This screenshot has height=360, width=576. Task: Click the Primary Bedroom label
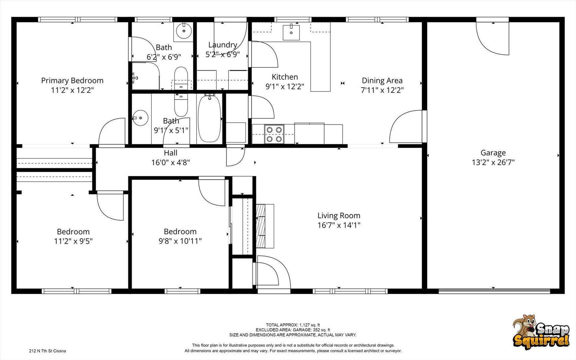[x=72, y=80]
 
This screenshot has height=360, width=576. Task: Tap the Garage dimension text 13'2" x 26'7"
[x=493, y=162]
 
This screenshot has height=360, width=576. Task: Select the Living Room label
[x=339, y=216]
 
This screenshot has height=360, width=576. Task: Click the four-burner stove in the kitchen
[x=274, y=134]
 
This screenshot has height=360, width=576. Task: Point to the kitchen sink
[x=291, y=32]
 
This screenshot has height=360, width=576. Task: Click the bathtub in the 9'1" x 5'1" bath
[x=209, y=118]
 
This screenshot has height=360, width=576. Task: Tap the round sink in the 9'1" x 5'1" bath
[x=140, y=118]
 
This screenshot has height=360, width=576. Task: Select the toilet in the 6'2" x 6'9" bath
[x=181, y=78]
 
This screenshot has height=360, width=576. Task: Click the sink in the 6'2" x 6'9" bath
[x=184, y=31]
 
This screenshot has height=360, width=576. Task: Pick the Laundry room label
[x=223, y=45]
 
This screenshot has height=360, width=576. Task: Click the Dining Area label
[x=382, y=80]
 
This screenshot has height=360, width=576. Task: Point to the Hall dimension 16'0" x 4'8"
[x=171, y=162]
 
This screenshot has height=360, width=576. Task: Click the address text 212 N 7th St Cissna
[x=47, y=351]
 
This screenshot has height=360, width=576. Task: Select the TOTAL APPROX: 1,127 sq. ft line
[x=293, y=325]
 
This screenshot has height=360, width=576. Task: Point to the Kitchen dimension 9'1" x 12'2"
[x=285, y=86]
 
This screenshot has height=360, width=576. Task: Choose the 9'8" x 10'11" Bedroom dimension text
[x=180, y=241]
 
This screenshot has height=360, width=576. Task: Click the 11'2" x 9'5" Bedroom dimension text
[x=73, y=241]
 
